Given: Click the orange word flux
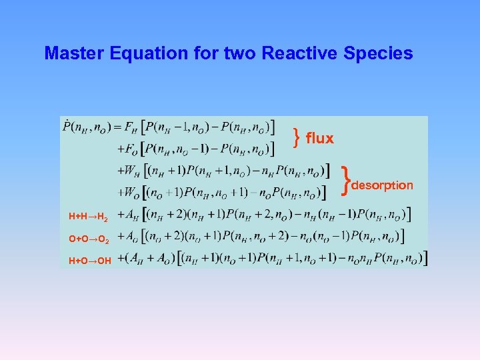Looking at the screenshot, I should point(319,139).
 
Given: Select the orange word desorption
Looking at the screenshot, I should point(382,185).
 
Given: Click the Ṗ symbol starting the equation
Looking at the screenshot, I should point(68,126).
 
